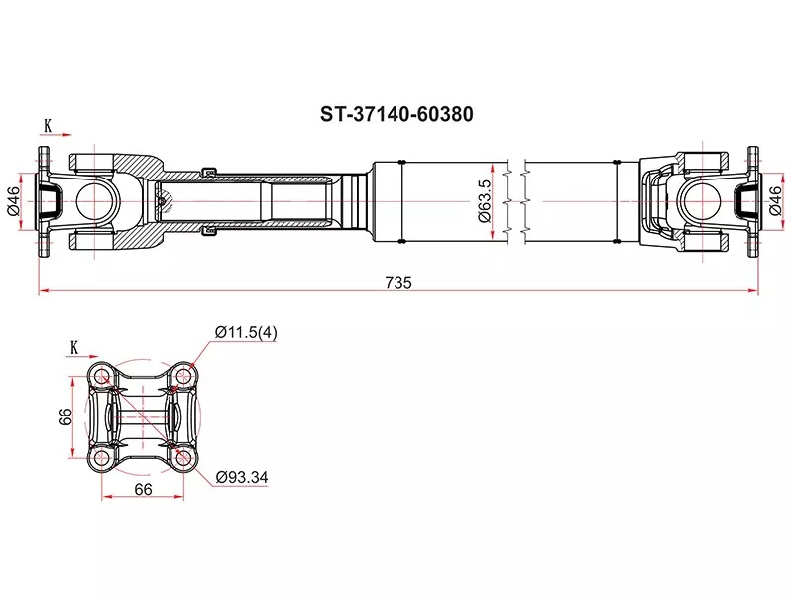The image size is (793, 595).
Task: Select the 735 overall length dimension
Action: [x=397, y=282]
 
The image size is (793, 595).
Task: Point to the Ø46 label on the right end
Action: [x=774, y=201]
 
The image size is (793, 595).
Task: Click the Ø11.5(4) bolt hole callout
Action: [x=246, y=333]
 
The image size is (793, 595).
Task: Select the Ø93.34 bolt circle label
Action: [x=243, y=477]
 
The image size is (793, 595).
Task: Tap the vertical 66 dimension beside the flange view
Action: [x=61, y=417]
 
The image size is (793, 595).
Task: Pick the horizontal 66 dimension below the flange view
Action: [x=142, y=490]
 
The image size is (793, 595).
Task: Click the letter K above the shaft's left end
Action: [x=47, y=126]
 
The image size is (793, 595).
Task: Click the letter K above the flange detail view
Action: [x=74, y=346]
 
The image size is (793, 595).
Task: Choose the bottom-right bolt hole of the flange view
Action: [x=182, y=458]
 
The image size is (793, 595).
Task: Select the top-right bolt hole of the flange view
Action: [x=182, y=377]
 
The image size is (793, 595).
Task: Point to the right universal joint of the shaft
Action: [x=694, y=202]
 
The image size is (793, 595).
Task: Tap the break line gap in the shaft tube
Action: [x=516, y=202]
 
